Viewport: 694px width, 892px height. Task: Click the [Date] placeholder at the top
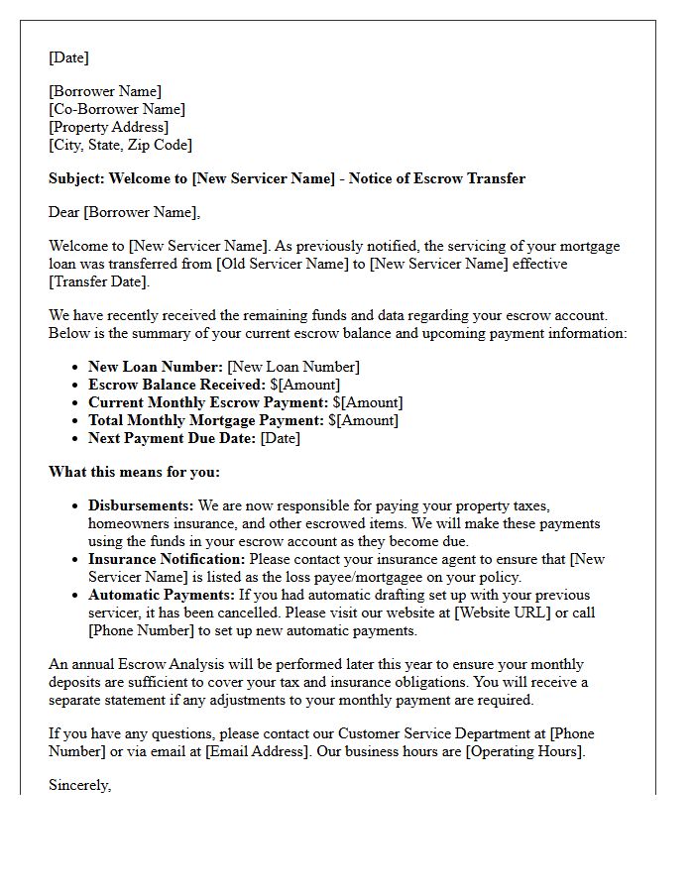(x=68, y=57)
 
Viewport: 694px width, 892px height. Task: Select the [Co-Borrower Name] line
(x=117, y=109)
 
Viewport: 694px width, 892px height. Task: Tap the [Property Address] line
(x=109, y=127)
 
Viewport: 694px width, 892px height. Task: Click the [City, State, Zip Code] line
(x=120, y=145)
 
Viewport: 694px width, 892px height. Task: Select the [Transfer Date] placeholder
(x=99, y=281)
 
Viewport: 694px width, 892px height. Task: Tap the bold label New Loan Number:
(x=156, y=367)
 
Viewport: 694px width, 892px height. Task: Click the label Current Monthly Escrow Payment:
(x=208, y=402)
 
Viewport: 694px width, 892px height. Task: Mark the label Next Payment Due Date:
(x=173, y=438)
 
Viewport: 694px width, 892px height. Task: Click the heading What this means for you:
(x=134, y=472)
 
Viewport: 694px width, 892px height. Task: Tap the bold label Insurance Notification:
(x=167, y=559)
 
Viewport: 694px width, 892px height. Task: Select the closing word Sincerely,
(x=80, y=785)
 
